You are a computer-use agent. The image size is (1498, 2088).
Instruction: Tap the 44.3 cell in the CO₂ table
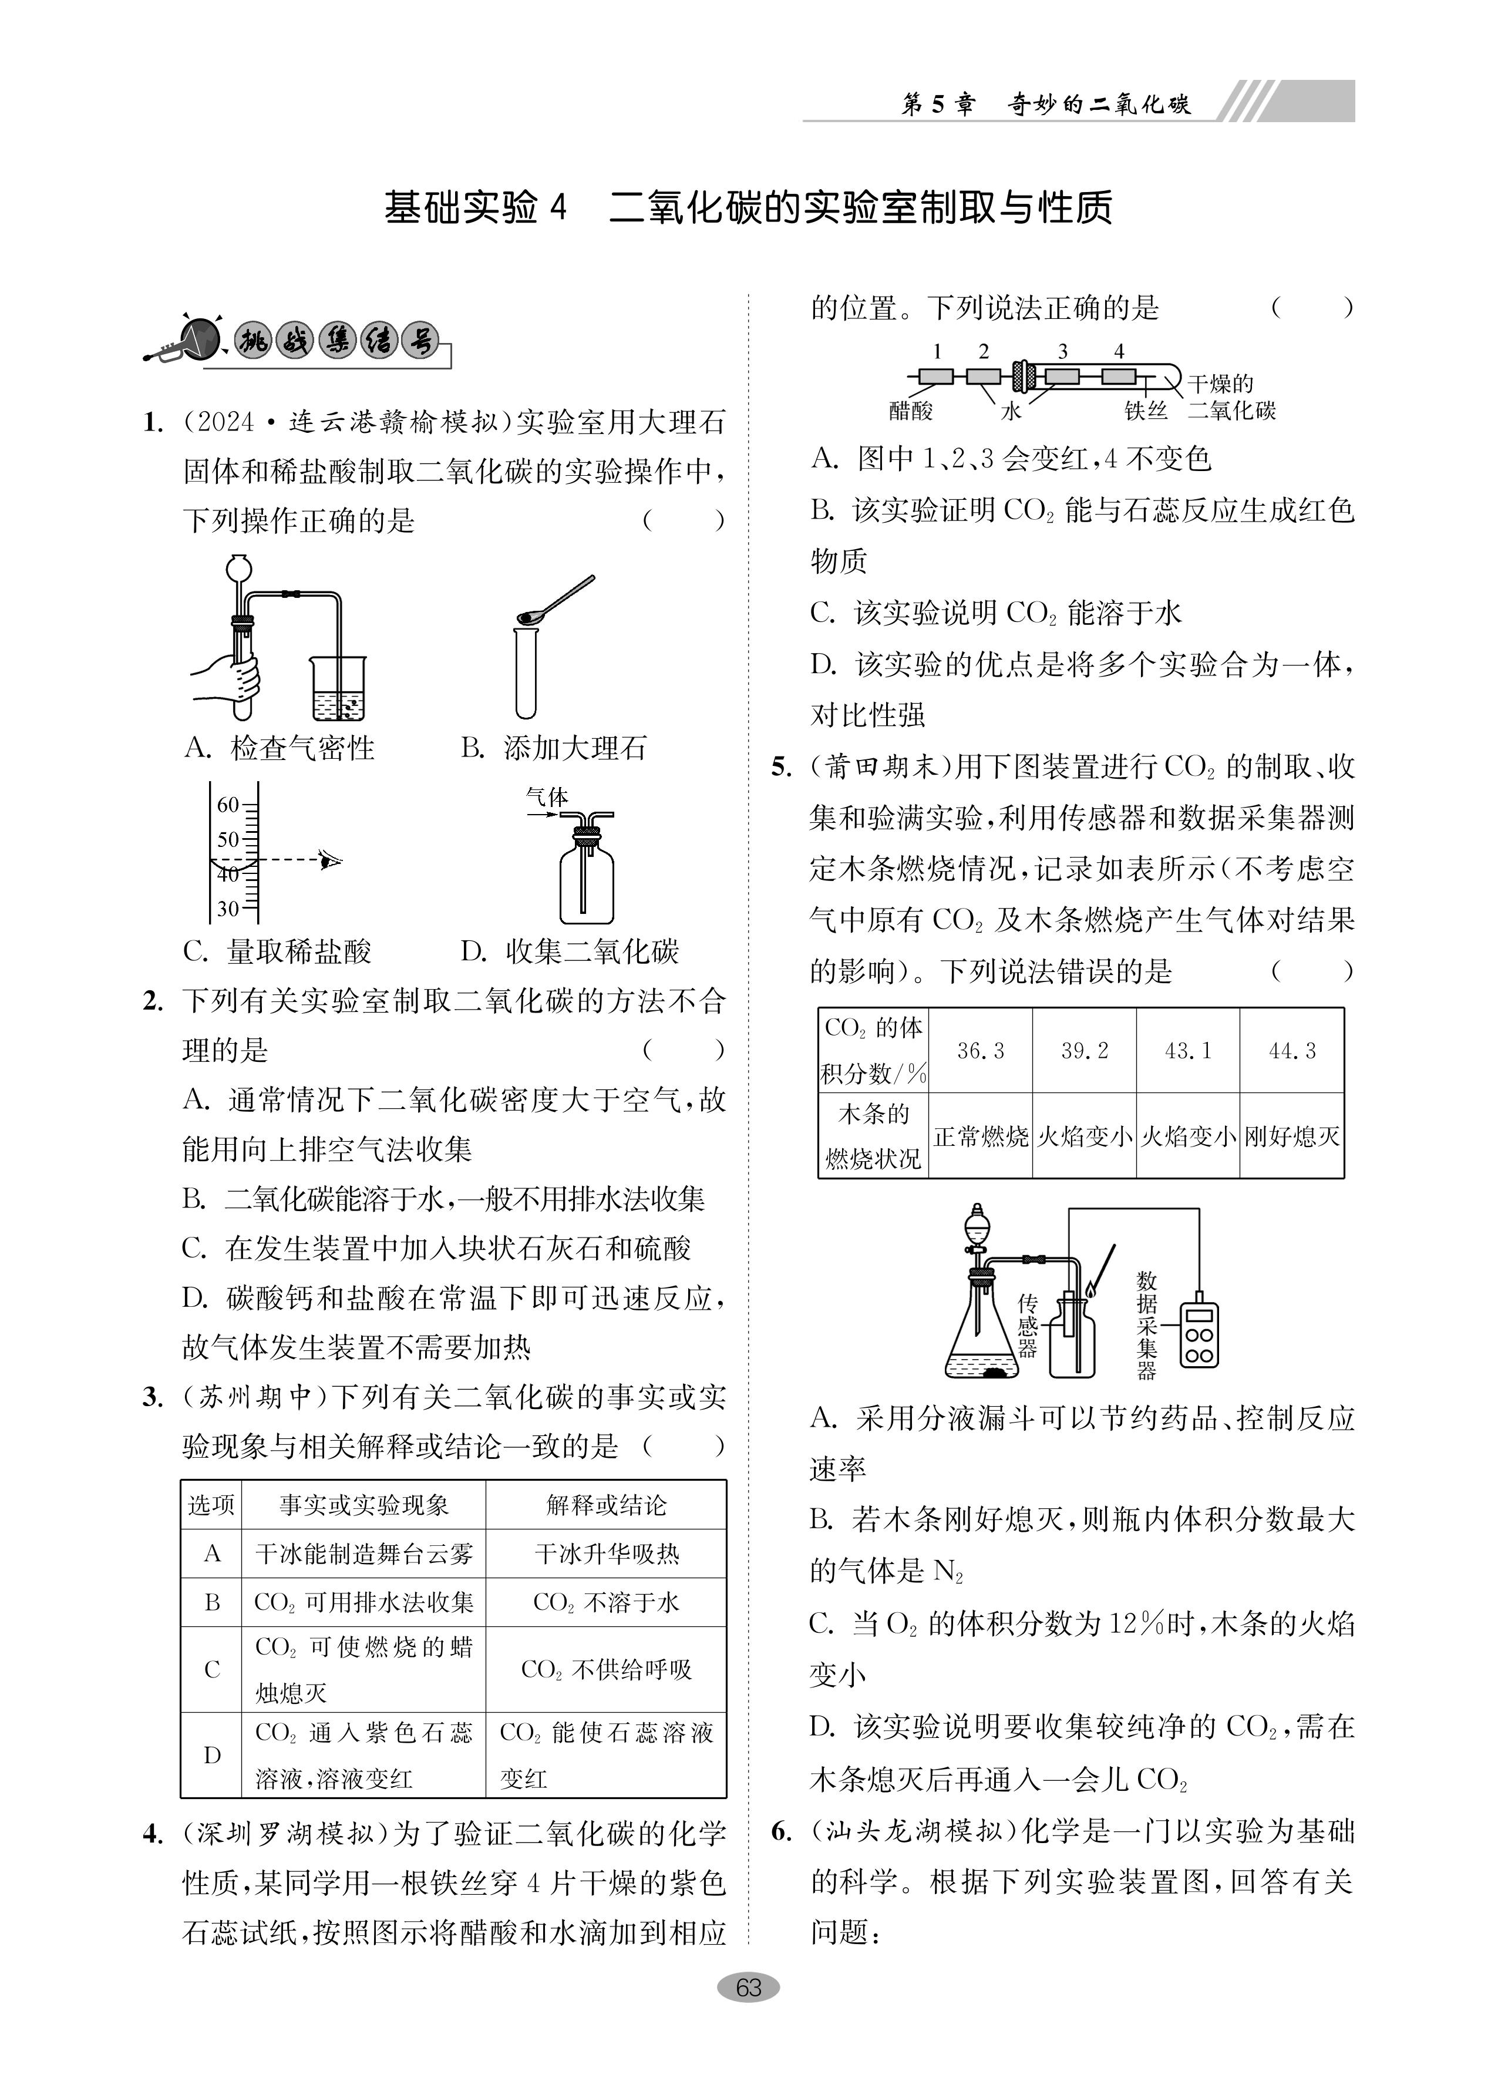point(1292,1050)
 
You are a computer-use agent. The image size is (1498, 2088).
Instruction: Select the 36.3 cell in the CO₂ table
point(981,1050)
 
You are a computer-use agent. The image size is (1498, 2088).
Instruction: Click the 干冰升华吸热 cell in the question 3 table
point(607,1554)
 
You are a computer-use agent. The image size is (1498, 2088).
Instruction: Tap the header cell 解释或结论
point(607,1505)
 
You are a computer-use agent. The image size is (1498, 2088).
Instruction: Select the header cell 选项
point(212,1505)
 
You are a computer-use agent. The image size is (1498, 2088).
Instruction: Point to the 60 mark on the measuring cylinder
point(227,805)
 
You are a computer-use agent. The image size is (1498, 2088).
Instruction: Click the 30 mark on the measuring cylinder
point(227,909)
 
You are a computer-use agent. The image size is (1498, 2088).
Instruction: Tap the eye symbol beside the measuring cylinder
point(329,861)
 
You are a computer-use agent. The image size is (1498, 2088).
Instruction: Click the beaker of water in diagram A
point(338,691)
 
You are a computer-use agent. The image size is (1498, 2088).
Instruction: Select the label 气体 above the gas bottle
point(547,797)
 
